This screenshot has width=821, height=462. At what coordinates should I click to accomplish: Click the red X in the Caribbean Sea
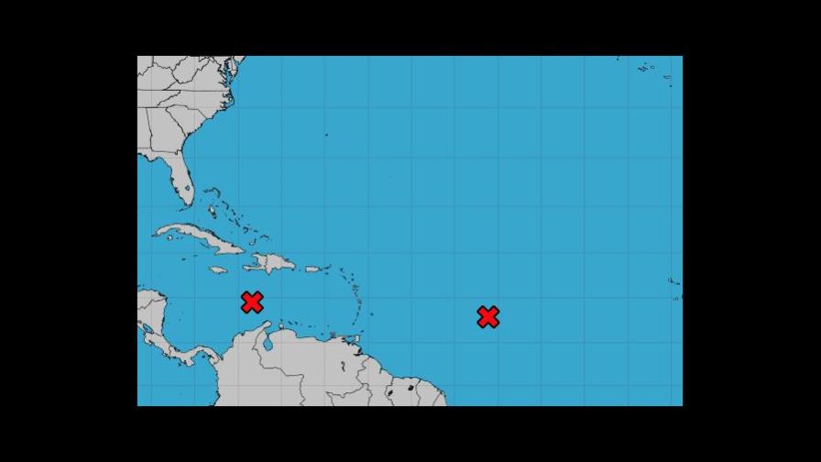click(x=252, y=302)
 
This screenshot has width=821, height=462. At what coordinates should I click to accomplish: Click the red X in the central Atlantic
click(x=487, y=317)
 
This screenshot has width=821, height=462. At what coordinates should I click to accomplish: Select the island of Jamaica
click(x=218, y=269)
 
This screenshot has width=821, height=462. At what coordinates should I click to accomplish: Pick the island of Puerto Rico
click(x=312, y=269)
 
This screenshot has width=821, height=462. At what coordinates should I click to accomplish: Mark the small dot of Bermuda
click(x=326, y=135)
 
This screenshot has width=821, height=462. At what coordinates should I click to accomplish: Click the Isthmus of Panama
click(x=195, y=359)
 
